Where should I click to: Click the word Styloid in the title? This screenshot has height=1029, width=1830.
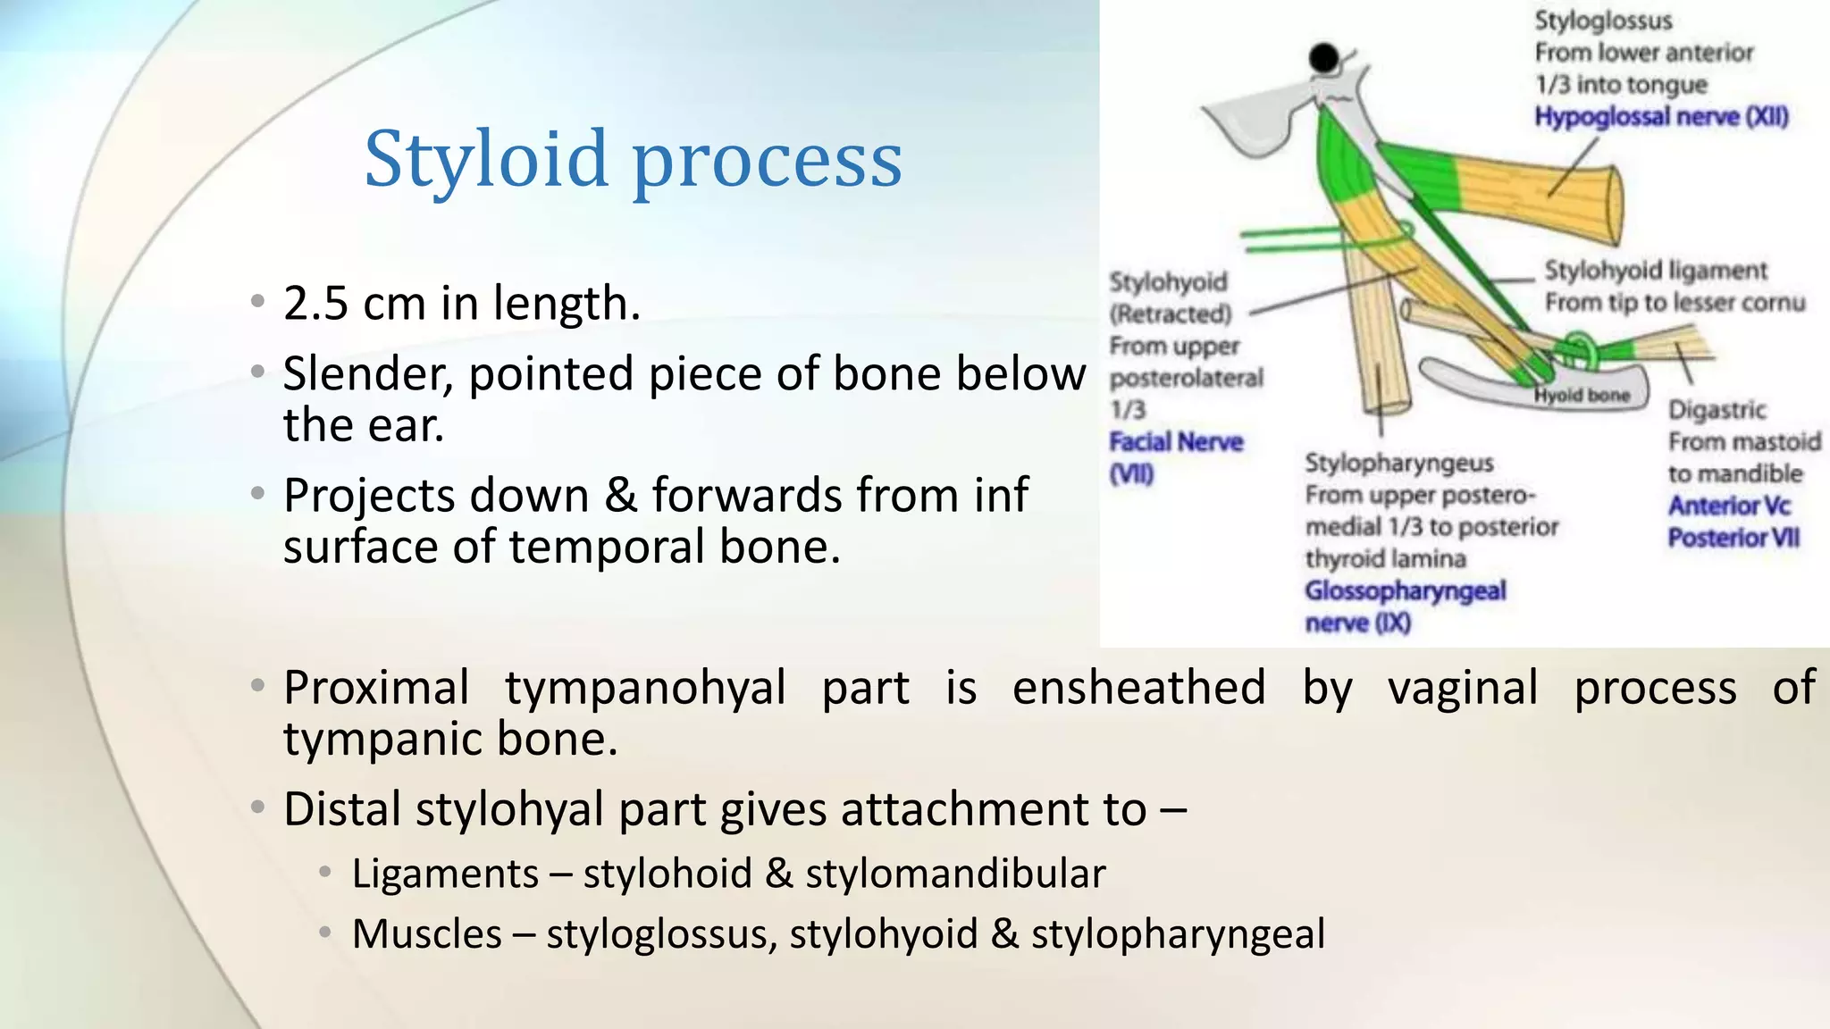[x=487, y=160]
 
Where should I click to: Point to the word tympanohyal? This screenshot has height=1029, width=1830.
[x=645, y=688]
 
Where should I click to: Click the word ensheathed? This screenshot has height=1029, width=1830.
[x=1138, y=688]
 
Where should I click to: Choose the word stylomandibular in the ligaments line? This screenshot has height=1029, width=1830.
[x=955, y=874]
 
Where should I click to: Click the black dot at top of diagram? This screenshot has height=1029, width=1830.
[x=1323, y=59]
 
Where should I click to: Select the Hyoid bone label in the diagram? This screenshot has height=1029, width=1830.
[x=1582, y=395]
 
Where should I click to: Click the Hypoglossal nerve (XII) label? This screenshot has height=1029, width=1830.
[x=1661, y=117]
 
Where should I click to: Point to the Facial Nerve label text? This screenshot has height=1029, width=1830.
[x=1176, y=442]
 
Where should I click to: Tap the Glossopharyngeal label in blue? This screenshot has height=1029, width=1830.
[x=1405, y=590]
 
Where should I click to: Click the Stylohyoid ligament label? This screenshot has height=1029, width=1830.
[x=1656, y=271]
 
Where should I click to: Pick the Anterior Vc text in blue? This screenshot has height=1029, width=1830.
[x=1729, y=506]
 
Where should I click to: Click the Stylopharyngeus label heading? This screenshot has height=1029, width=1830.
[x=1398, y=463]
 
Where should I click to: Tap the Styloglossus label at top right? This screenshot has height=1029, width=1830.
[x=1603, y=21]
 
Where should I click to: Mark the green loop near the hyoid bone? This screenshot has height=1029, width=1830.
[x=1578, y=348]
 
